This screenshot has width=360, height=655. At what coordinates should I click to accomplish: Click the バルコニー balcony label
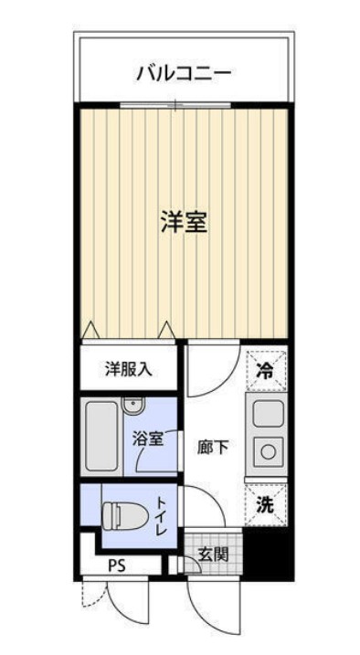184,71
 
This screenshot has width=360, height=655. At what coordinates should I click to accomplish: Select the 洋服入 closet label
129,369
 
